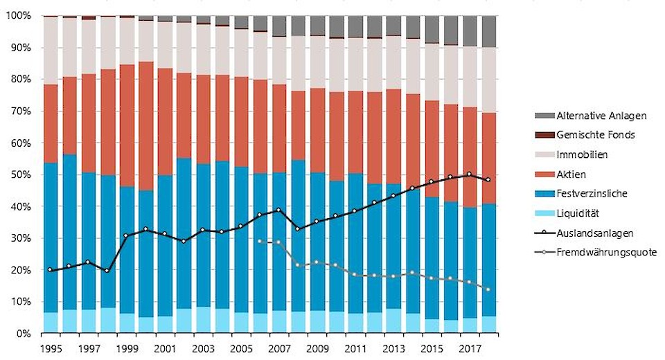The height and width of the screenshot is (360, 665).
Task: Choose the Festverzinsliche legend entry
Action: coord(592,193)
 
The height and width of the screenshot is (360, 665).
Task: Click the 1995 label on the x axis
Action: coord(50,347)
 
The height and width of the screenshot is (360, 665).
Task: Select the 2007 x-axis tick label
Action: coord(279,347)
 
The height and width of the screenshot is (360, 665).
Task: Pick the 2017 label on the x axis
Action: coord(470,347)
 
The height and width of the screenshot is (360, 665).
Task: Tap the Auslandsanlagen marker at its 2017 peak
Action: coord(470,174)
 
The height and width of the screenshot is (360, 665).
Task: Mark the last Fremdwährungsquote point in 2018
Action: coord(489,289)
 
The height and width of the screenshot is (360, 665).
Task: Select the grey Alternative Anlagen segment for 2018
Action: coord(489,31)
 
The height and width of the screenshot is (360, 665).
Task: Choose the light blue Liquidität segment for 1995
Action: coord(50,323)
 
